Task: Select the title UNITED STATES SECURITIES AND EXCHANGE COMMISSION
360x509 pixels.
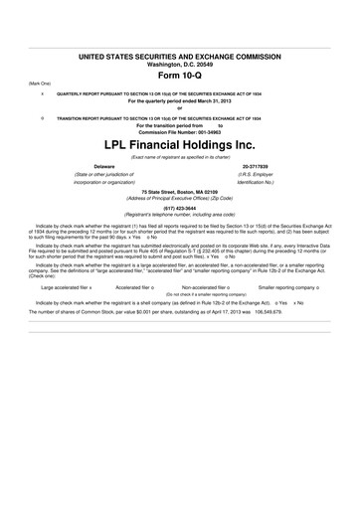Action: click(x=180, y=60)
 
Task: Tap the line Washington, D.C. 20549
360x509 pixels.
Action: click(x=180, y=68)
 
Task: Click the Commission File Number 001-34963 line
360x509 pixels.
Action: click(x=180, y=132)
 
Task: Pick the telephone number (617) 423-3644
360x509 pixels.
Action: click(x=180, y=207)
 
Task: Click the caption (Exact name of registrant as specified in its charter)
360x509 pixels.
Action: click(x=180, y=155)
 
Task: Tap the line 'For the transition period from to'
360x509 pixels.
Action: click(x=180, y=125)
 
